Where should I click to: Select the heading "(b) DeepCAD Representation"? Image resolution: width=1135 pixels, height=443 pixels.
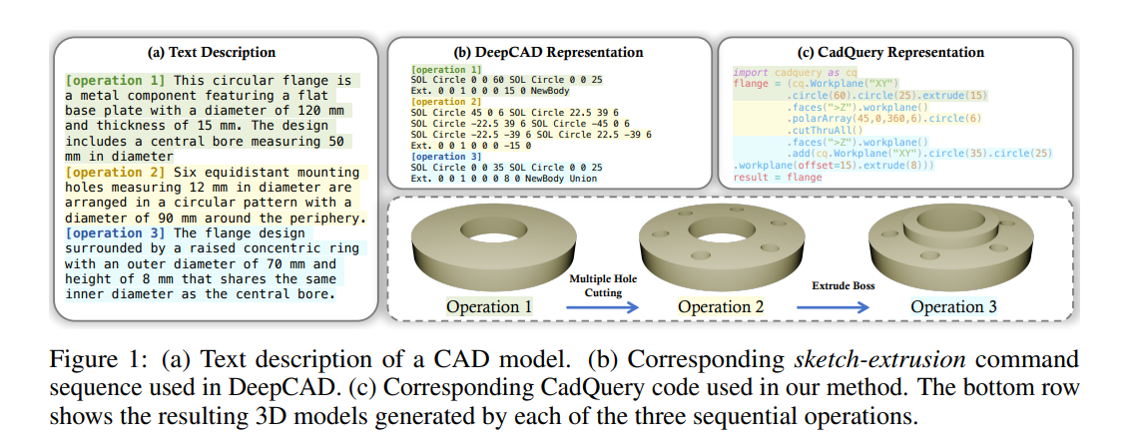coord(550,52)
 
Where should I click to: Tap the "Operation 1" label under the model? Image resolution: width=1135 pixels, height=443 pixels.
coord(489,306)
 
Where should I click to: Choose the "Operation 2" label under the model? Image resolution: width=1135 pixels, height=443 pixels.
coord(721,306)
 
